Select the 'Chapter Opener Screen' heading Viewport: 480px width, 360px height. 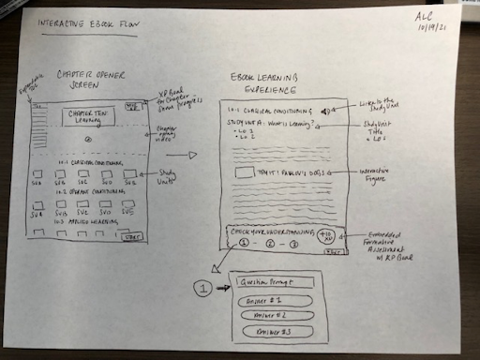tap(94, 81)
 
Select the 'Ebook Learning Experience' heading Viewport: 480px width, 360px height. tap(272, 82)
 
